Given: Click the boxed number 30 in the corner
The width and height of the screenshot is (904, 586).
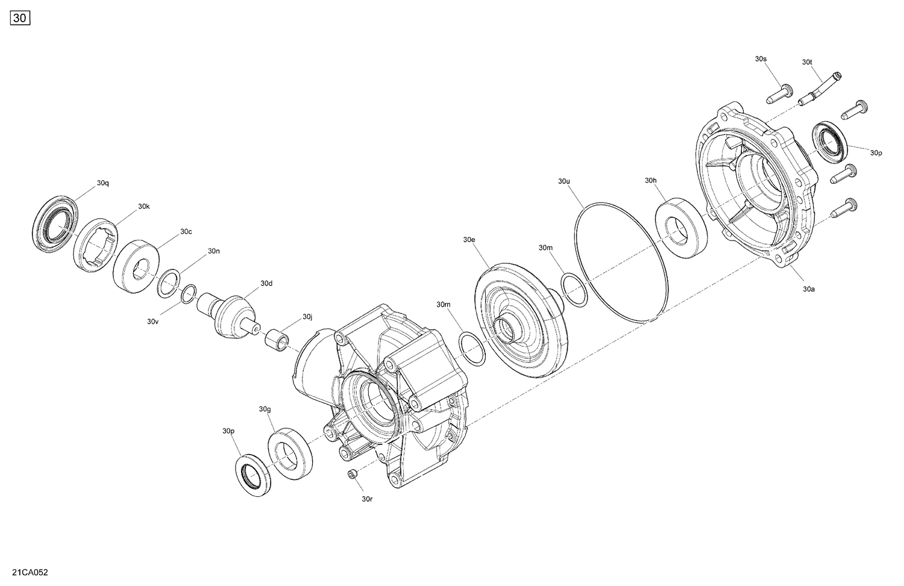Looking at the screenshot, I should [20, 19].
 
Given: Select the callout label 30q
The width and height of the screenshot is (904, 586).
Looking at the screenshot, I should [102, 183].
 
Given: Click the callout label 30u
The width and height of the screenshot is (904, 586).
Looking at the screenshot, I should [563, 181].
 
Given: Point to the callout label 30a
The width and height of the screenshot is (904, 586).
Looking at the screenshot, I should [808, 289].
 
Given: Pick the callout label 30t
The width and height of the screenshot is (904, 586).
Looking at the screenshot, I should [808, 62].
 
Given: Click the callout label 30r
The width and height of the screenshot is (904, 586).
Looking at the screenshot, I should [367, 499].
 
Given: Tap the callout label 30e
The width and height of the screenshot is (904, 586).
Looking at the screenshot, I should [469, 239].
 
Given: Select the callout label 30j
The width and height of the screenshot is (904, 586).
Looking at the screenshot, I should [307, 317].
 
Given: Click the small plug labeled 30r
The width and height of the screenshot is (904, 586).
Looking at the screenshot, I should [353, 476].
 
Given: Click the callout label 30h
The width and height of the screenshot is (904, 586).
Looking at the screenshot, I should [650, 180].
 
